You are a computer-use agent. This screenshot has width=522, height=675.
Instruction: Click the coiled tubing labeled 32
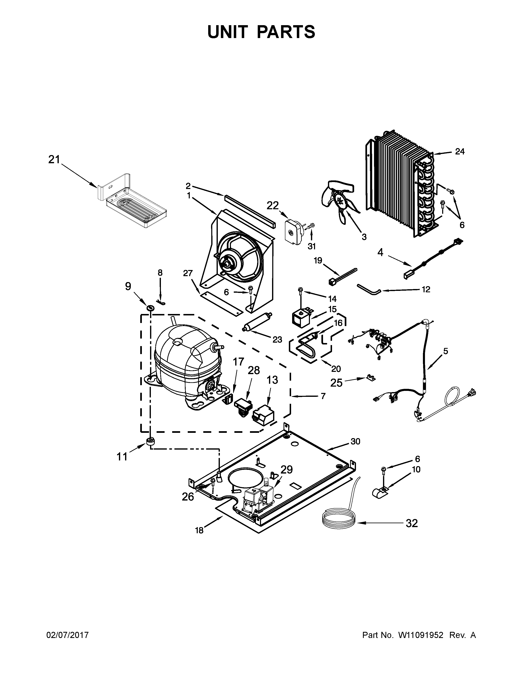pos(339,522)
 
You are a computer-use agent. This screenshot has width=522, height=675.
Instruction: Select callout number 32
pos(412,523)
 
